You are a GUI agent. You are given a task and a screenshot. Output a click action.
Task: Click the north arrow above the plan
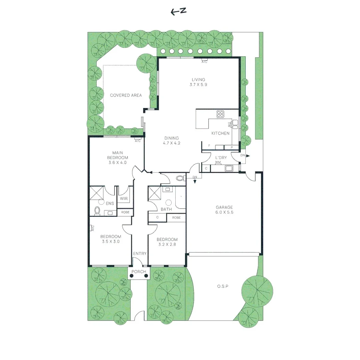click(x=178, y=12)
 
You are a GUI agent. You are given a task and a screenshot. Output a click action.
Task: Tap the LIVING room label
click(x=198, y=80)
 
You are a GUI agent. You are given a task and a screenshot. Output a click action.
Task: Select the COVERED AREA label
click(x=126, y=95)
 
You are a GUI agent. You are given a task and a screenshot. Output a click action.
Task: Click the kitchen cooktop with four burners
click(x=220, y=114)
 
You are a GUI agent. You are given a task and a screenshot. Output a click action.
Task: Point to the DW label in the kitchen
click(x=229, y=125)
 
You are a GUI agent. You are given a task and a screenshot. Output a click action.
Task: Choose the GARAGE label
click(x=224, y=207)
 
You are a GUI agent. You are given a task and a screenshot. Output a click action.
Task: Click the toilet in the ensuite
click(x=97, y=210)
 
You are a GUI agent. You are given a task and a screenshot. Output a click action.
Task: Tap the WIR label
click(x=124, y=199)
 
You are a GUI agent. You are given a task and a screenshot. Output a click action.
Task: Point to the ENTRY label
click(x=140, y=254)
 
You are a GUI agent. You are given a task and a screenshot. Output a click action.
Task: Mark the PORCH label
click(x=139, y=272)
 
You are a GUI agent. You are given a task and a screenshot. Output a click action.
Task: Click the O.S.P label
click(x=222, y=286)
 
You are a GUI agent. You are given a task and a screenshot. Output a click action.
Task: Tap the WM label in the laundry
click(x=218, y=162)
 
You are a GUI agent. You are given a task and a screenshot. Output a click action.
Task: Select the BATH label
click(x=166, y=209)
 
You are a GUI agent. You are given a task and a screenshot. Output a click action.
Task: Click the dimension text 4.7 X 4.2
click(x=172, y=143)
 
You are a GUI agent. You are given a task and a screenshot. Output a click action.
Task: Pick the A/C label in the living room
click(x=205, y=62)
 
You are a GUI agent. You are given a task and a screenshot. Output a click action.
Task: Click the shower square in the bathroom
click(x=154, y=193)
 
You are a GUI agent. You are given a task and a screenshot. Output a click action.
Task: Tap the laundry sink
click(x=229, y=168)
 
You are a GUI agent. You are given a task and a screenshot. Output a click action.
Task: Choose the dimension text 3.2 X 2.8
click(x=167, y=244)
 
